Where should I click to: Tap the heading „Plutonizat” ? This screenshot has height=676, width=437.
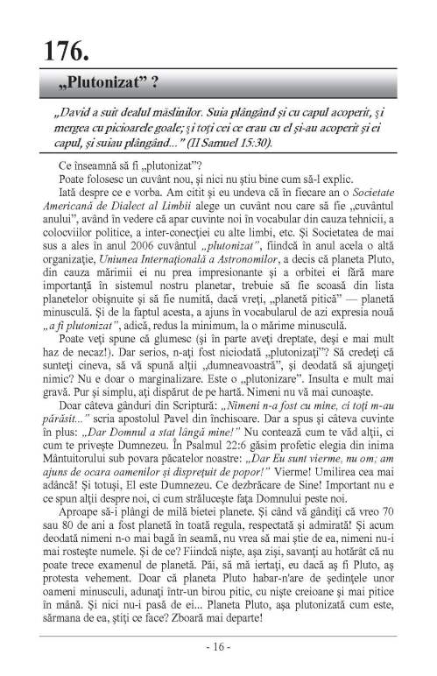(106, 83)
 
